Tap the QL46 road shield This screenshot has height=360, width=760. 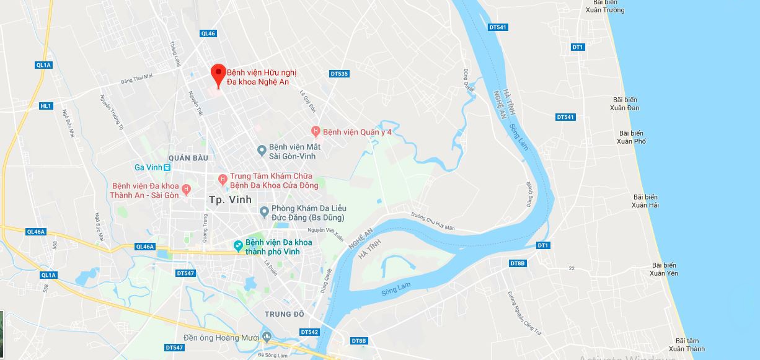[208, 33]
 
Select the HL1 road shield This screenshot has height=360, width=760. [46, 106]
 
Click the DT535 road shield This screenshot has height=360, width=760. [339, 74]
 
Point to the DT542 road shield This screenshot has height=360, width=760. [309, 332]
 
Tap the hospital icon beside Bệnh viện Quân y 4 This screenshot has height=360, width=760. [316, 131]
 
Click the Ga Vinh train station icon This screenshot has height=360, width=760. [167, 167]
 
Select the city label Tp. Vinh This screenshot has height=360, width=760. [231, 200]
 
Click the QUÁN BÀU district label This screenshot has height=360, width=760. [188, 158]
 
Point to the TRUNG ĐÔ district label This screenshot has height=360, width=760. [285, 314]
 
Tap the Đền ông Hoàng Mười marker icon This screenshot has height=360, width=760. [267, 337]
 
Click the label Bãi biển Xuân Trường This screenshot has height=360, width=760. [605, 6]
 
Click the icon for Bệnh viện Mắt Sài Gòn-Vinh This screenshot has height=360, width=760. [262, 151]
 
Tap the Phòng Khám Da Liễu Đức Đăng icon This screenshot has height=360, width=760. [264, 213]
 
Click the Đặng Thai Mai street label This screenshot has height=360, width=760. [136, 77]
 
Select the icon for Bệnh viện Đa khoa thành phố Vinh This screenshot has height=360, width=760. [238, 247]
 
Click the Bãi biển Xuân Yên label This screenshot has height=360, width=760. [664, 269]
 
